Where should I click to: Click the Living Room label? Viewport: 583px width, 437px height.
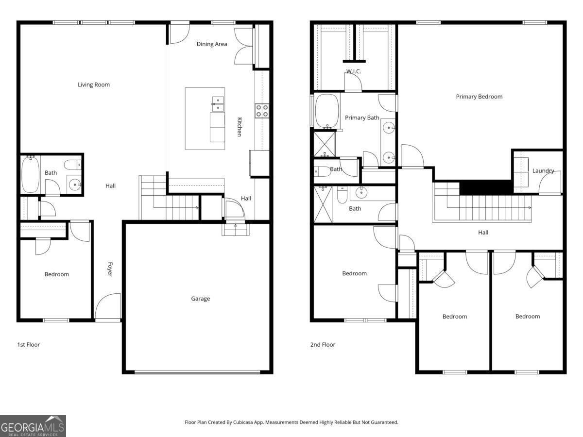(x=94, y=84)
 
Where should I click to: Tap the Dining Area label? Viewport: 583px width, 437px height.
(x=212, y=44)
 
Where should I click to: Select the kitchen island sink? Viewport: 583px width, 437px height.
(x=218, y=104)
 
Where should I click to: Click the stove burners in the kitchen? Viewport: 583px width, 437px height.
(x=262, y=111)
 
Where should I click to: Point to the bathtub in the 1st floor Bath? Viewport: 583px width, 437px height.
(x=30, y=174)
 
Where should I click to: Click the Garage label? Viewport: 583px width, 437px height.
(x=200, y=299)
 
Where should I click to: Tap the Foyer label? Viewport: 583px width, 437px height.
(x=110, y=269)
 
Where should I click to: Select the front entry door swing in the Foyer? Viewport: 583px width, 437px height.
(x=107, y=306)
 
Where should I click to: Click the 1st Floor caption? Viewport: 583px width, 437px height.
(x=28, y=345)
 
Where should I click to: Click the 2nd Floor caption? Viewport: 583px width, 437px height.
(x=323, y=345)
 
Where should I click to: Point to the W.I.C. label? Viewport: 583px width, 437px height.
(x=353, y=71)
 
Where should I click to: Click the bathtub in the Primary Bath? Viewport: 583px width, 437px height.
(x=326, y=111)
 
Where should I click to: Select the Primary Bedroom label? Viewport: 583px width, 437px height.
(x=479, y=97)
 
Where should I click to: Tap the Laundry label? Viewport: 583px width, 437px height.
(x=543, y=171)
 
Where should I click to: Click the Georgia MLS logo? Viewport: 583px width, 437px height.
(x=33, y=426)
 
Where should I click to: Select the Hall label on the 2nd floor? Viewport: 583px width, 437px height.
(x=483, y=233)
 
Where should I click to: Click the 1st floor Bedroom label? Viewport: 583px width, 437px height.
(x=57, y=274)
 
